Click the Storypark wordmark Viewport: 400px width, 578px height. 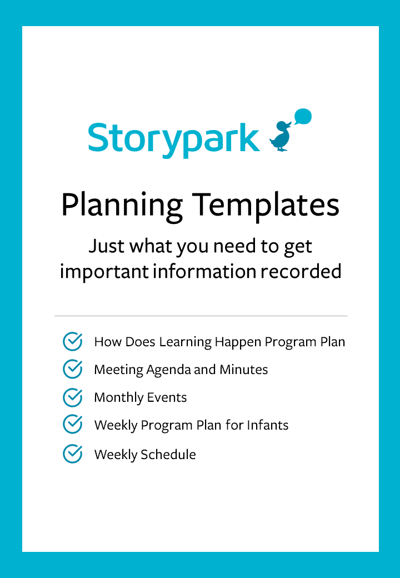tap(174, 137)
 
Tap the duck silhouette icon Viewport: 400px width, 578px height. tap(281, 136)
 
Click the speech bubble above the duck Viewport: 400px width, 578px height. tap(303, 117)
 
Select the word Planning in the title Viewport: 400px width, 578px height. tap(122, 206)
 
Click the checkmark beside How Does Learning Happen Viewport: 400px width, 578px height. tap(73, 341)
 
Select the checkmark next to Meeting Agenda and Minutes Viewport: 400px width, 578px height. tap(73, 369)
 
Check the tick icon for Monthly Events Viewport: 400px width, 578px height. tap(73, 397)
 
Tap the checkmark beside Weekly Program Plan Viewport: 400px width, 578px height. tap(73, 425)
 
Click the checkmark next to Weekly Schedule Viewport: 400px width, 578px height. tap(73, 454)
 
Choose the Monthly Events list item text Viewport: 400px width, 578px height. tap(141, 397)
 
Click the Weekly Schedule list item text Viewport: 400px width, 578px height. tap(145, 454)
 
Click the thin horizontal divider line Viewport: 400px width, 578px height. tap(201, 316)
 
